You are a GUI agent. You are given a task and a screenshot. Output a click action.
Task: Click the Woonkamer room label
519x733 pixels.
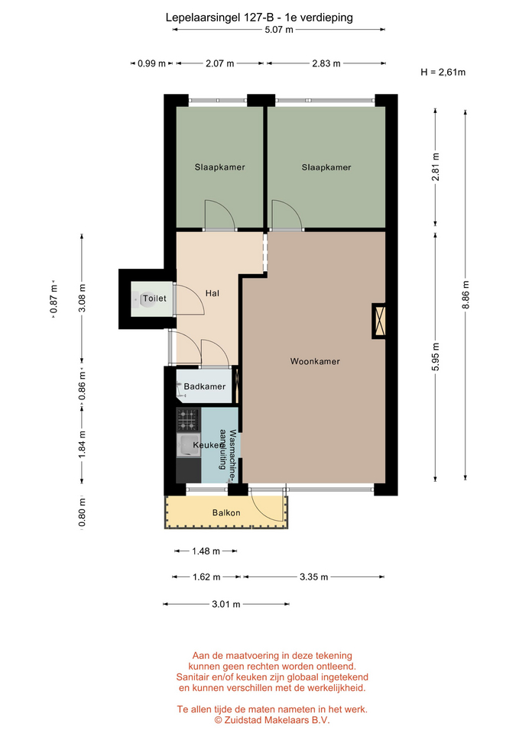click(x=315, y=361)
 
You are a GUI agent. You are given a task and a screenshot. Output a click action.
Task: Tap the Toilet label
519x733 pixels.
click(x=154, y=299)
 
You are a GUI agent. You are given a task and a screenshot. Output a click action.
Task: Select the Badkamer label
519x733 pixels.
click(x=205, y=386)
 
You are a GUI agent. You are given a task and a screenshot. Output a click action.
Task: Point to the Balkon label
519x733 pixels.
click(x=226, y=513)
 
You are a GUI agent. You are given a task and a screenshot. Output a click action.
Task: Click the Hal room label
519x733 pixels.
click(x=212, y=293)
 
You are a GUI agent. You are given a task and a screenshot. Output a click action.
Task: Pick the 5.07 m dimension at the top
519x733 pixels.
click(x=279, y=30)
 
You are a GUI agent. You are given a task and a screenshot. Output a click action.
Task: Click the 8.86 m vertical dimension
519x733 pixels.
click(x=465, y=295)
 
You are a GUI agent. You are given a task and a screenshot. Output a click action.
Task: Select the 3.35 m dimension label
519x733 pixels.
click(x=313, y=577)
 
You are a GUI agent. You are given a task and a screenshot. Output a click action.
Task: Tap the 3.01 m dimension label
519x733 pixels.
click(x=226, y=604)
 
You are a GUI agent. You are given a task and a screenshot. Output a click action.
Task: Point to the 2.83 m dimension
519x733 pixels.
click(x=326, y=63)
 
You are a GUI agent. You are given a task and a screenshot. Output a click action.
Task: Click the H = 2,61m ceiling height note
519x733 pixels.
click(x=443, y=72)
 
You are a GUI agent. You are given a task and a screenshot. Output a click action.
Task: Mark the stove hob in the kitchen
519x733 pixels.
click(x=188, y=419)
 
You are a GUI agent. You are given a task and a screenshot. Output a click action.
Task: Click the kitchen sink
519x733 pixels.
click(x=188, y=445)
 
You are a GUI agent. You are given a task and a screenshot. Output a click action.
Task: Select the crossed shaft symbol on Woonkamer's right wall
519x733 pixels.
click(x=379, y=320)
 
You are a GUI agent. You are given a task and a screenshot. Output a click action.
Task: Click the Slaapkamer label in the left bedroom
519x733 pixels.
click(x=220, y=167)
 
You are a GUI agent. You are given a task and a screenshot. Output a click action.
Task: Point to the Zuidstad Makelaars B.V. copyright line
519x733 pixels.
click(x=272, y=720)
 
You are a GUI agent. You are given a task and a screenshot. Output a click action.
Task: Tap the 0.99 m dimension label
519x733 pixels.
click(x=151, y=63)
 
